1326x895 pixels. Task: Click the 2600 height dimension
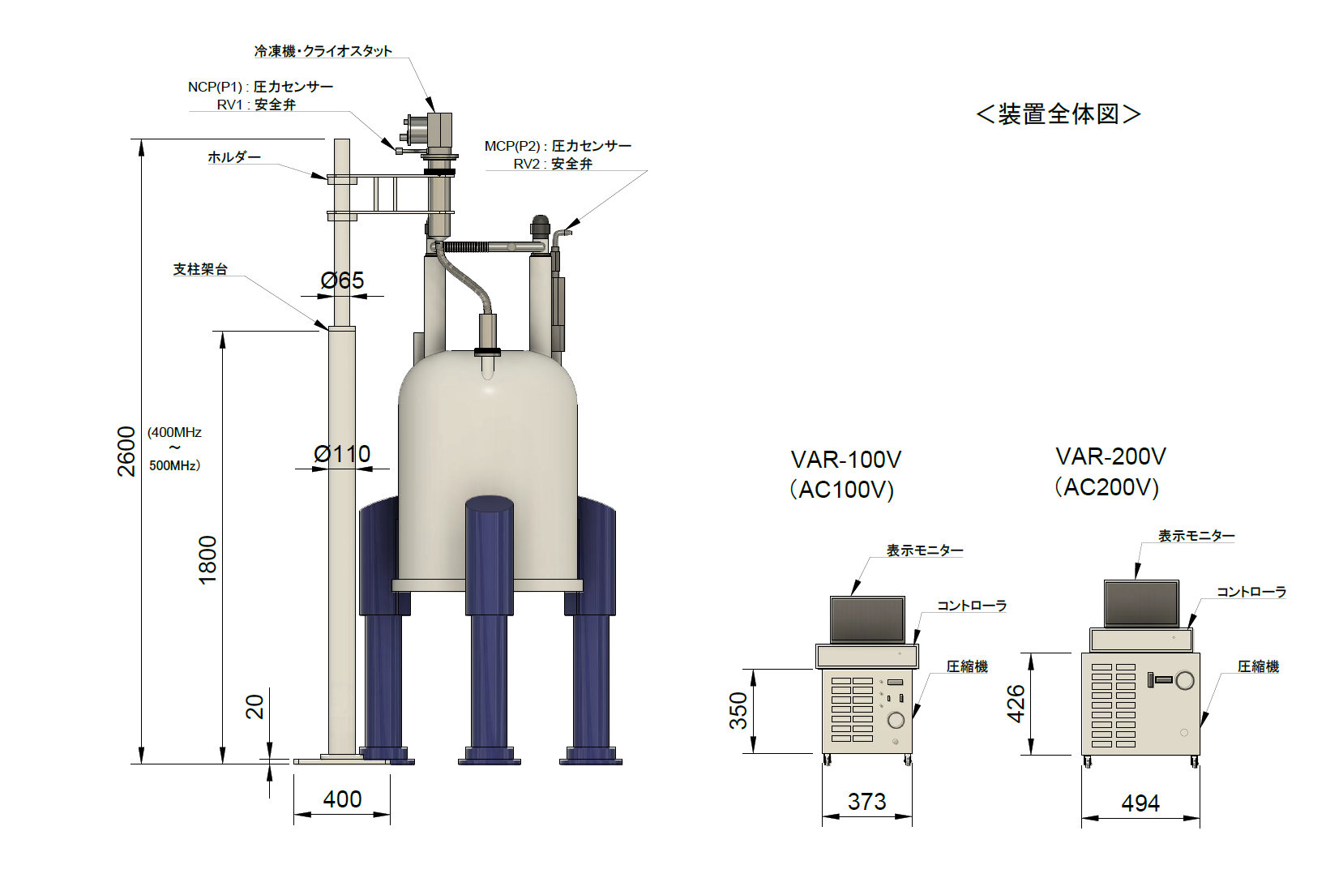[126, 451]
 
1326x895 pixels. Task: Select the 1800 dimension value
[207, 559]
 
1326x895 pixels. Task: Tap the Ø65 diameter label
[342, 280]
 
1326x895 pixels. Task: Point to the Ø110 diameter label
[342, 454]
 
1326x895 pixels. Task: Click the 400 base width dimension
[342, 799]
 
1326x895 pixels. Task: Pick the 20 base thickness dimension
[255, 706]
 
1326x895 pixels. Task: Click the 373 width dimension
[866, 802]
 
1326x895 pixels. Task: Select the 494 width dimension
[1140, 803]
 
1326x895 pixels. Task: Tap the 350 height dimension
[738, 711]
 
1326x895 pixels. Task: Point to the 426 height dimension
[1016, 704]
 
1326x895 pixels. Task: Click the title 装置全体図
[1059, 113]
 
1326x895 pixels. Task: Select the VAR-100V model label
[845, 460]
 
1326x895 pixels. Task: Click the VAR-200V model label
[1110, 456]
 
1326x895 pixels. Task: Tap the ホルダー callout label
[233, 157]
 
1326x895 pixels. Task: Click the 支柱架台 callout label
[200, 269]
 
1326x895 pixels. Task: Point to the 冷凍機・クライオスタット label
[323, 51]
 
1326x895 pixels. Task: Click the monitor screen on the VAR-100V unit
[867, 619]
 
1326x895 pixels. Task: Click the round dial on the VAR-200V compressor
[1185, 680]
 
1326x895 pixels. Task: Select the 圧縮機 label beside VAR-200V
[1258, 666]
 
